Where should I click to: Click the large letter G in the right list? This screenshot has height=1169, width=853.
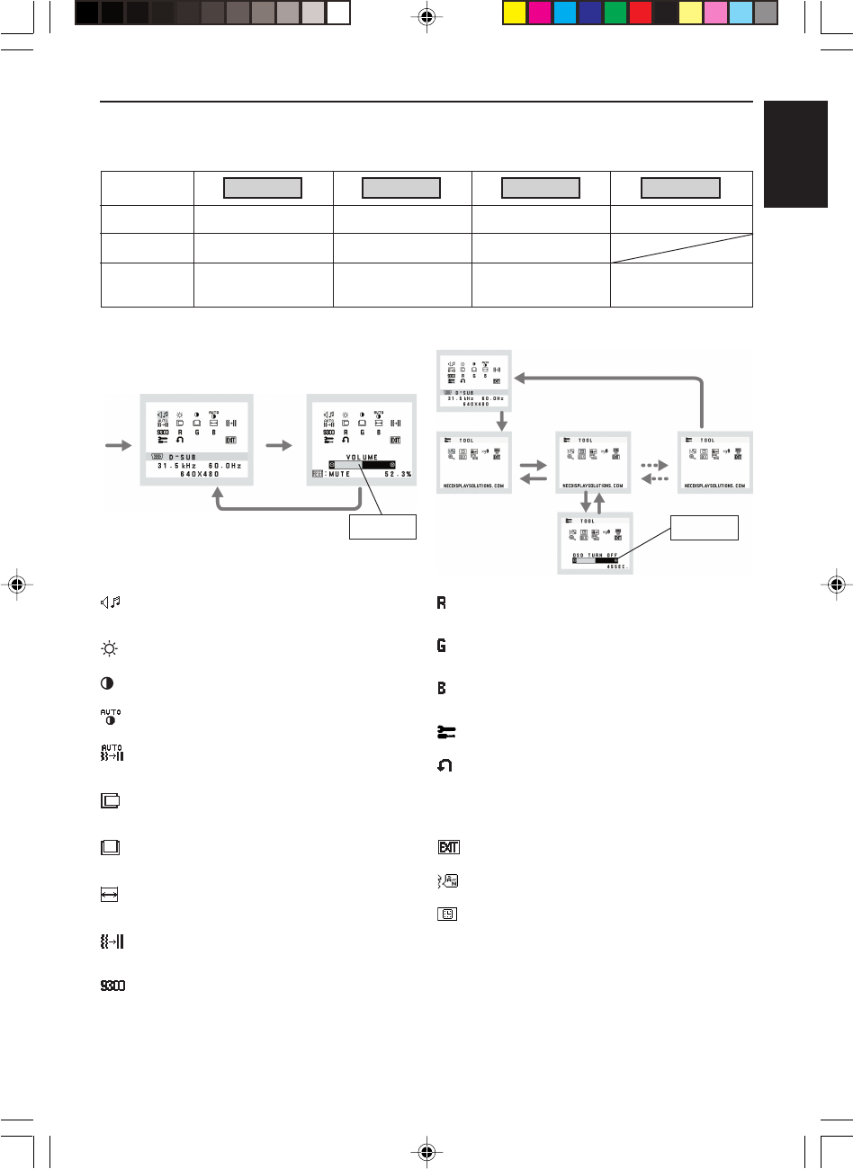point(442,647)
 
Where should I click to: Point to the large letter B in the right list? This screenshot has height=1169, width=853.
point(442,689)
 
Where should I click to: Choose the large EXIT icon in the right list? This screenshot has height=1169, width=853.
point(447,847)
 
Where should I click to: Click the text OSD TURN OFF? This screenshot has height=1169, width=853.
point(595,555)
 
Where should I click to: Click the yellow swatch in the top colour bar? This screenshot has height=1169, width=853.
point(515,13)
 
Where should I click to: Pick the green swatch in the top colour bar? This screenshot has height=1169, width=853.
point(615,13)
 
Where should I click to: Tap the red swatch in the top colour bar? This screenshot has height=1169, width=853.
point(641,13)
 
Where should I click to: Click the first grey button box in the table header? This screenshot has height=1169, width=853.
point(262,188)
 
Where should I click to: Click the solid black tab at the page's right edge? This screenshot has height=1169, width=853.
point(796,155)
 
